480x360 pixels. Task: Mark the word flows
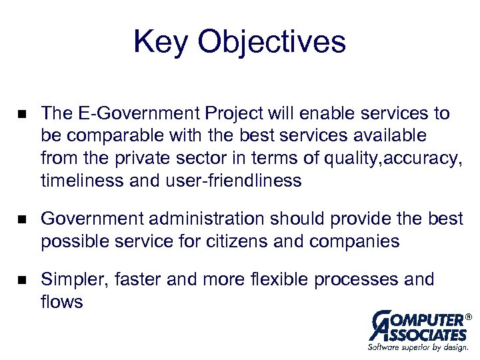62,301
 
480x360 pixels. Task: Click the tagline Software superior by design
419,347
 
